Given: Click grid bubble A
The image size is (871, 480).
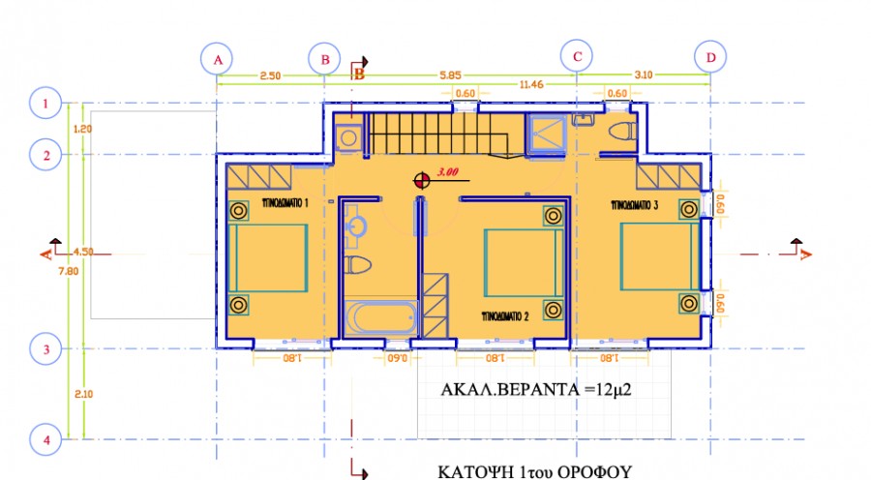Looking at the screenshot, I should tap(218, 59).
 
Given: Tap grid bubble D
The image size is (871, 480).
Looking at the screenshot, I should tap(711, 58).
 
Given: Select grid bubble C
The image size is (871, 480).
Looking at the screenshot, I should tap(577, 57).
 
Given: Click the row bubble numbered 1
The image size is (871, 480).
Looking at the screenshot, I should tap(45, 102).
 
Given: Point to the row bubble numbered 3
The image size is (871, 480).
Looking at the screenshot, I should tap(45, 347).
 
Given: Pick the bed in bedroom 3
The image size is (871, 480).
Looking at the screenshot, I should tap(658, 258).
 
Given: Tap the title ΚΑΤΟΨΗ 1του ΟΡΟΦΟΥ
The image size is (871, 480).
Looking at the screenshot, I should tap(534, 471).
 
